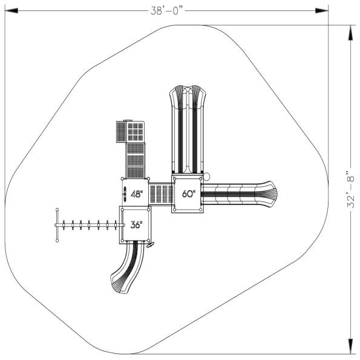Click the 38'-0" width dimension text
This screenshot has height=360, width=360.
[x=168, y=10]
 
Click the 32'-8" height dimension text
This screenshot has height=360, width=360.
[x=351, y=189]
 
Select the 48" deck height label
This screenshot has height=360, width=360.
[x=137, y=195]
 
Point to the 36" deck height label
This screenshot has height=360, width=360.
[x=136, y=225]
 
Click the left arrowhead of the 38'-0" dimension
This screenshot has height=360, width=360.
[x=8, y=10]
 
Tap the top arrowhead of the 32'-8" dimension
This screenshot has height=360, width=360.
[x=350, y=29]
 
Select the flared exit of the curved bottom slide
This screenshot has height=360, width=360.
[x=119, y=282]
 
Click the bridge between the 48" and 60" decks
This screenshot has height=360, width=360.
[x=161, y=194]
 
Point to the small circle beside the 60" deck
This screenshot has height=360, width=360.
[x=206, y=177]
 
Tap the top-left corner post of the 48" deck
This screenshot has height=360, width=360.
[x=123, y=179]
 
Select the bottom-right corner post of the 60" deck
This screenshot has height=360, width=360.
[x=201, y=211]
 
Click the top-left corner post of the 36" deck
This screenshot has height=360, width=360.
[x=120, y=209]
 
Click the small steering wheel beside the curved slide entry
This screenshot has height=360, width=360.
[x=151, y=244]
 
